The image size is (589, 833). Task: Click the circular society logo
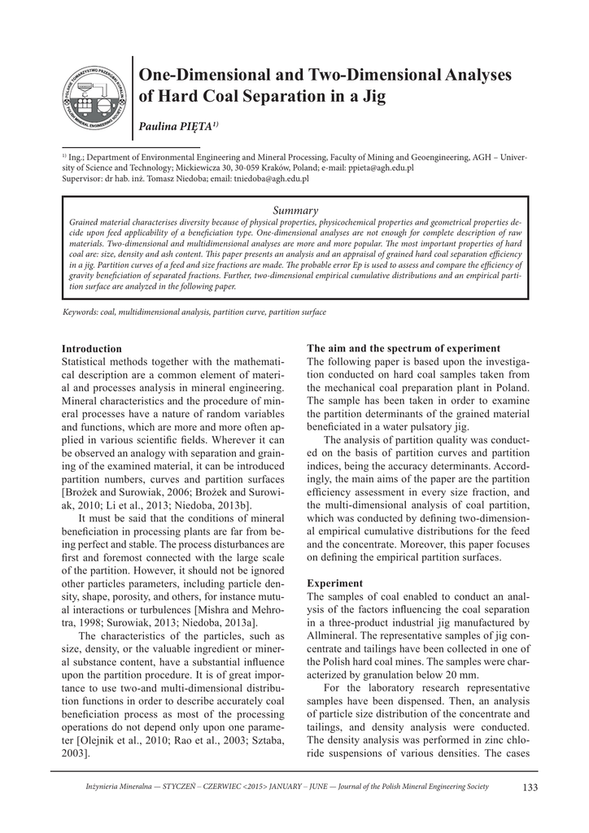coord(96,100)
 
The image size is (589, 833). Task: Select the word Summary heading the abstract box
coord(294,210)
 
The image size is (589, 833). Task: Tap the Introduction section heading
coord(92,348)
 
